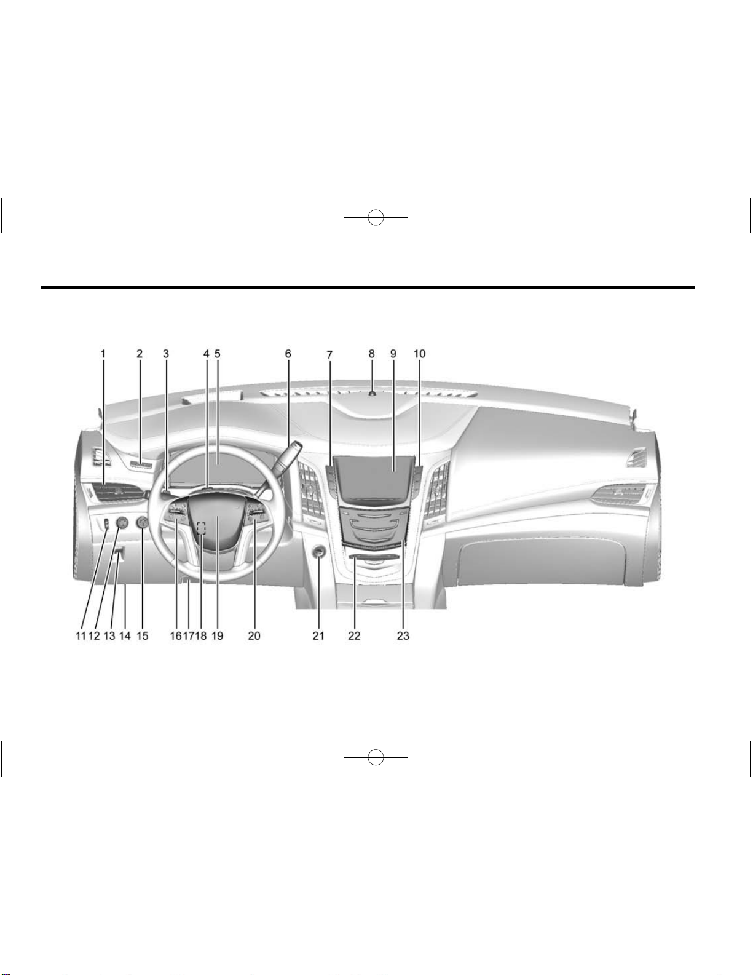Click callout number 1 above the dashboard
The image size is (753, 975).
click(x=103, y=354)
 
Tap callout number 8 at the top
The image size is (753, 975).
click(x=371, y=354)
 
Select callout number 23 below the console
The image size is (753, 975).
click(x=403, y=636)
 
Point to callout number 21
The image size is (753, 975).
click(x=318, y=636)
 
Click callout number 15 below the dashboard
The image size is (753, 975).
click(x=142, y=636)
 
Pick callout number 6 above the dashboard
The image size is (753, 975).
click(x=288, y=354)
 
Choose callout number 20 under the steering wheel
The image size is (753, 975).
click(x=254, y=636)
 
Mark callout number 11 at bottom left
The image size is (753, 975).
click(x=81, y=636)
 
